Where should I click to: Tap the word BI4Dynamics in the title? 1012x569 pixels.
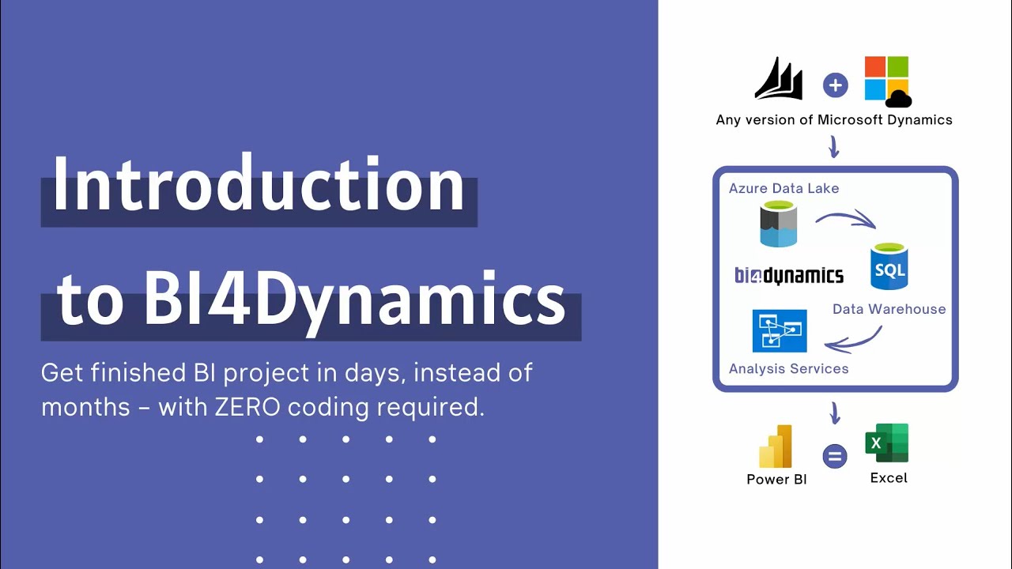pos(354,299)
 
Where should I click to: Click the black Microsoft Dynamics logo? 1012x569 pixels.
pos(779,79)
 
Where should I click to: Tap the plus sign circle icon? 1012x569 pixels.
pos(835,85)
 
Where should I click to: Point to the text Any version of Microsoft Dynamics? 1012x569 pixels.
pos(834,120)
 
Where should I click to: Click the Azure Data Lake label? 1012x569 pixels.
pos(784,188)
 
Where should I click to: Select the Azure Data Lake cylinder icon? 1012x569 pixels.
pos(778,224)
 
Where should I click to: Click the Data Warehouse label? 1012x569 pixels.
pos(889,309)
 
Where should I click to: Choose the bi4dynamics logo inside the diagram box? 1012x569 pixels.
pos(789,275)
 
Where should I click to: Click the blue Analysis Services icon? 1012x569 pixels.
pos(780,330)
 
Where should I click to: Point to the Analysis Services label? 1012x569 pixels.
pos(788,368)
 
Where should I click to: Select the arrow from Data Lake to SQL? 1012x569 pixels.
pos(844,218)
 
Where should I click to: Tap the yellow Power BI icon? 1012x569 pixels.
pos(776,447)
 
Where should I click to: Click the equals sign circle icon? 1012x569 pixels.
pos(834,456)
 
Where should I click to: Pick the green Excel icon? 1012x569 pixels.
pos(888,443)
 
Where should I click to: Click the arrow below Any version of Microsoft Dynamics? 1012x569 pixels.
pos(833,146)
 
